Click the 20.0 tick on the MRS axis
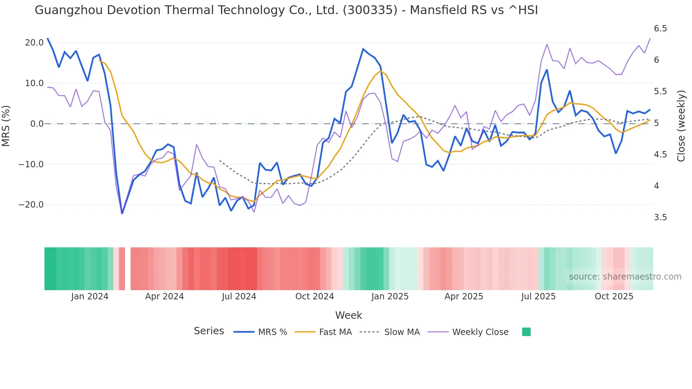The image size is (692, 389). point(34,43)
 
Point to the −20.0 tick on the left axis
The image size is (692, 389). point(31,205)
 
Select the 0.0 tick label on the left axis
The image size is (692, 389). point(37,124)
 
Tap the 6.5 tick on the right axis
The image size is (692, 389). point(660,29)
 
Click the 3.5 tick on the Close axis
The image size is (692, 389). point(660,217)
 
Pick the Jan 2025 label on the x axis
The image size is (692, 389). point(390,297)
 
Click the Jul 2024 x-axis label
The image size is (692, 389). point(239,297)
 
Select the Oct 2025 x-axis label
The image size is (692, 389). point(614,297)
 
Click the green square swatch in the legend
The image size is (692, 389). point(526,332)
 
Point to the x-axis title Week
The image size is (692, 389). point(348,315)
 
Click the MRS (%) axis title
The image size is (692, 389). point(6,126)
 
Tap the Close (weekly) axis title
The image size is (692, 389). point(681,126)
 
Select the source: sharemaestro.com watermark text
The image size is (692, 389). point(625,277)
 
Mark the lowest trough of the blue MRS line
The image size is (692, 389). point(122,213)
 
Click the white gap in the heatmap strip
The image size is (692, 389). point(128,269)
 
